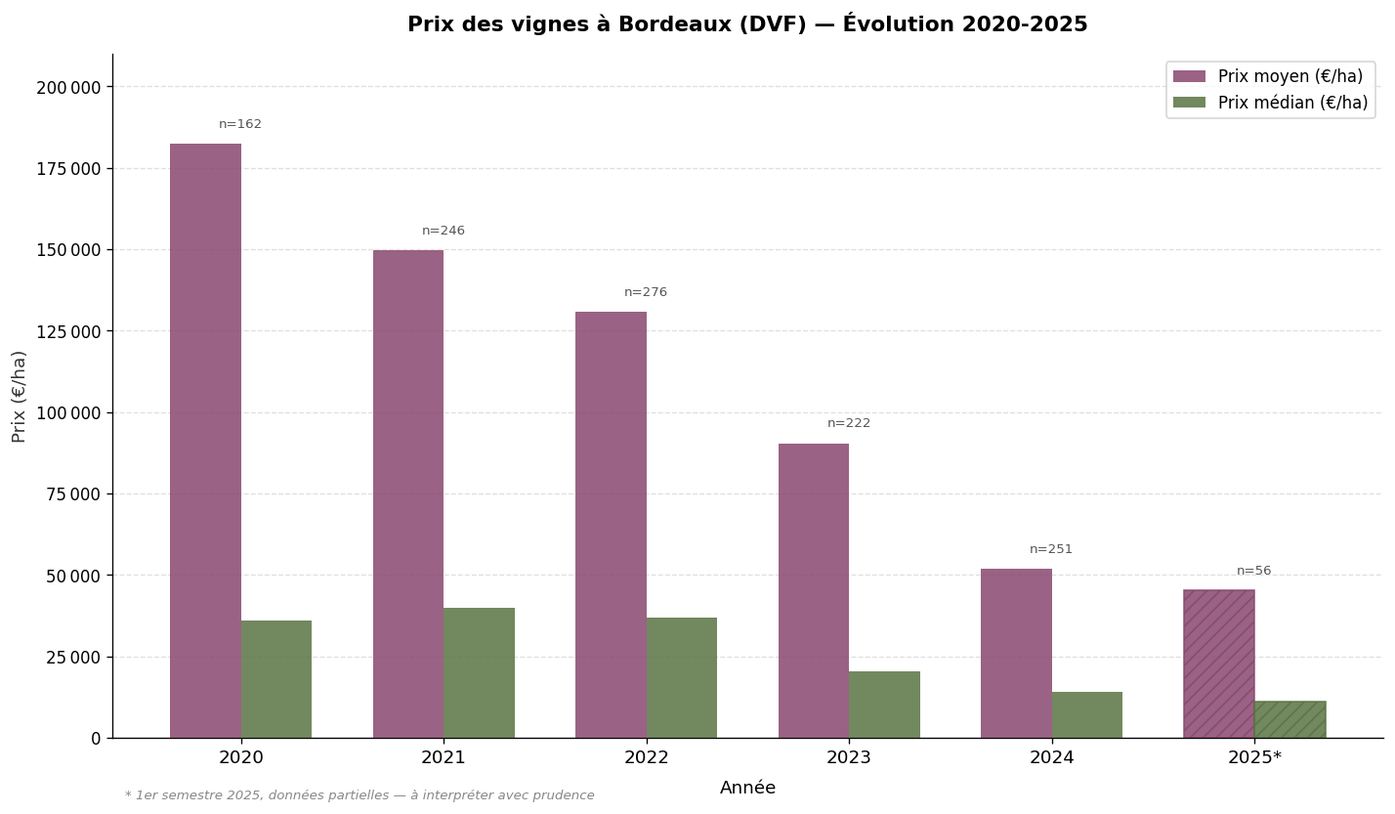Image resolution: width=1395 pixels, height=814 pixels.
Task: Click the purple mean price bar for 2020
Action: [x=205, y=440]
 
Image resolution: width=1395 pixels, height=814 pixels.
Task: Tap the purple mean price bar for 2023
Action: [x=813, y=590]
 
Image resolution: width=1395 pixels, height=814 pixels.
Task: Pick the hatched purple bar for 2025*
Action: [x=1218, y=664]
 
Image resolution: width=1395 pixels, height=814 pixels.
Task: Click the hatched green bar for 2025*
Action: [x=1289, y=719]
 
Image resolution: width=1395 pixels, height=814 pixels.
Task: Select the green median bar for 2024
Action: [x=1086, y=714]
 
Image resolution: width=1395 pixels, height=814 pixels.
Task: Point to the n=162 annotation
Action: [x=240, y=125]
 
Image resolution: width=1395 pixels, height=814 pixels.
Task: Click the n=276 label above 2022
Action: [x=646, y=292]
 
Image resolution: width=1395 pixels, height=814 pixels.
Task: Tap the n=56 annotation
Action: [x=1253, y=571]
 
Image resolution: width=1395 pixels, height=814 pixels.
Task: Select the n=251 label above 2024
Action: [x=1050, y=549]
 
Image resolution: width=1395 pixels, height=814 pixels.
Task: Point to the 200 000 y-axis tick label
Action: [x=68, y=87]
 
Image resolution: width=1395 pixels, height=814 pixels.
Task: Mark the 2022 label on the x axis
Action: [x=646, y=757]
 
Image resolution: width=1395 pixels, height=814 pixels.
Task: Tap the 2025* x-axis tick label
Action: [x=1254, y=757]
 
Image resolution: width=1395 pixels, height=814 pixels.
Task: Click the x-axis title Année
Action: [x=747, y=788]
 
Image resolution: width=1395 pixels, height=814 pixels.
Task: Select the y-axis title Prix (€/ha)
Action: [x=20, y=396]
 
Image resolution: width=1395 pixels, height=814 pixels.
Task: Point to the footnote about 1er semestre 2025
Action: [x=359, y=795]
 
